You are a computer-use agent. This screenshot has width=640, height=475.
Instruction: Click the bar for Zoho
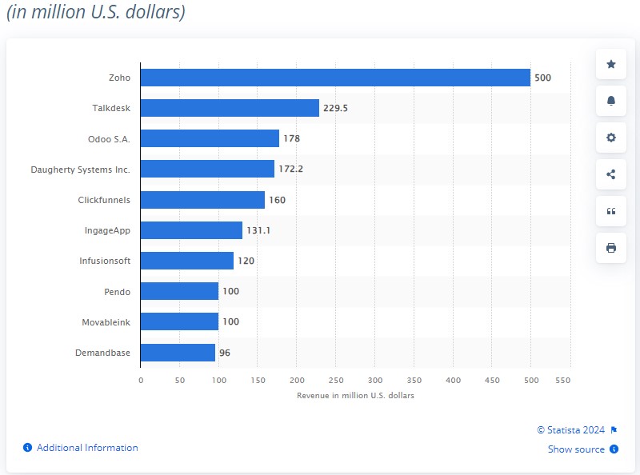point(335,78)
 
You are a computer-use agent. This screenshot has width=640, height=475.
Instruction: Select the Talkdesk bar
point(230,108)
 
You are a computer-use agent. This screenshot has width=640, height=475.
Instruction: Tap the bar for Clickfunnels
point(202,200)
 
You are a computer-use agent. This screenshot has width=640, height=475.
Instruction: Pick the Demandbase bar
point(178,353)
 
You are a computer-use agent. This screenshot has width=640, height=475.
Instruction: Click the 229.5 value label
point(335,108)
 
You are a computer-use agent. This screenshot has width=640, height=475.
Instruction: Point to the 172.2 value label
point(290,170)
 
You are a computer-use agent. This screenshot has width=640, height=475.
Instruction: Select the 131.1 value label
point(258,230)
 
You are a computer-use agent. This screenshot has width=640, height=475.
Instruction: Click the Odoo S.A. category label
point(109,139)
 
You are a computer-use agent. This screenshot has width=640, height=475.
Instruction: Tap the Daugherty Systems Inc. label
point(80,170)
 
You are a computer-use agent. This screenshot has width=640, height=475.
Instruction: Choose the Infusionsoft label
point(105,261)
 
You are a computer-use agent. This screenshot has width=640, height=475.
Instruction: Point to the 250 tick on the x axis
point(336,381)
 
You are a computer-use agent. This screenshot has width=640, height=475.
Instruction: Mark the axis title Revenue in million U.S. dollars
point(355,396)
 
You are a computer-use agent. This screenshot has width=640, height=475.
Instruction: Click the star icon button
point(611,64)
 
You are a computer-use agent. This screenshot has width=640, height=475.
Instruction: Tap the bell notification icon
point(611,101)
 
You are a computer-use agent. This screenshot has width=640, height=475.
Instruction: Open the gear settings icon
point(611,138)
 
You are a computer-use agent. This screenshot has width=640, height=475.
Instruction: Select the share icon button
point(611,174)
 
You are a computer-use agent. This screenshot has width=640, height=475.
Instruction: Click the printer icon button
point(611,248)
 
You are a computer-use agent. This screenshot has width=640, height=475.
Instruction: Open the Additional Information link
point(86,448)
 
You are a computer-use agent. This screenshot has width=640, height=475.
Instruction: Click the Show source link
point(576,449)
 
